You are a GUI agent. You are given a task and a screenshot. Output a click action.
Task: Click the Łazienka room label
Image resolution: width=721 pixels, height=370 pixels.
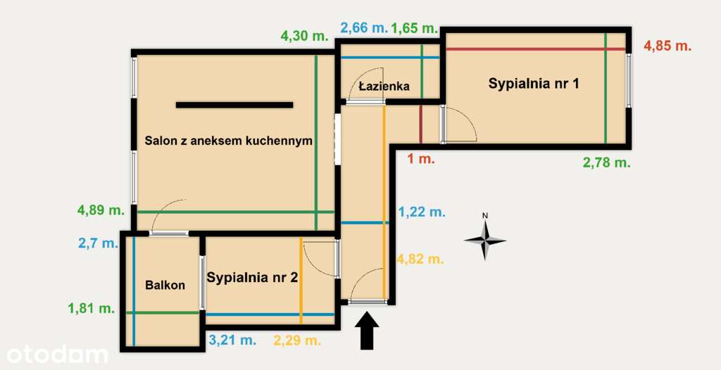coord(384,87)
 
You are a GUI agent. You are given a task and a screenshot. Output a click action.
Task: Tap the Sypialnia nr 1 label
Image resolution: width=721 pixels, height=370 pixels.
coord(534,84)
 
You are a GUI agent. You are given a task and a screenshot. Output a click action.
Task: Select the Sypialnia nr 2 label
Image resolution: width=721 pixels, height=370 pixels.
coord(252,277)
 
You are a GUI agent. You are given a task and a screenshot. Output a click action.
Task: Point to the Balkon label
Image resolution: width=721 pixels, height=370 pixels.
coord(165,285)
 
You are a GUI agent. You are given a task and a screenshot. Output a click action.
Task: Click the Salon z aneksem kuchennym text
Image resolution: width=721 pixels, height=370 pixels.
coord(228,141)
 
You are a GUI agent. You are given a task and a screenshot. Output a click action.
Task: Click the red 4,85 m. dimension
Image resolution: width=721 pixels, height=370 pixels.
coord(667,46)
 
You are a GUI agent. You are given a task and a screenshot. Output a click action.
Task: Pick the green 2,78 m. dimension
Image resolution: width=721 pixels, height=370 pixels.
coord(606,162)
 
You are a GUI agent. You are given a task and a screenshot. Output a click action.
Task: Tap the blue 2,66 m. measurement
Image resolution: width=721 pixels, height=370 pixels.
coord(363,28)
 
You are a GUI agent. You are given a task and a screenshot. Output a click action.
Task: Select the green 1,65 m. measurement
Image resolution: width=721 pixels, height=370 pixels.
coord(415,28)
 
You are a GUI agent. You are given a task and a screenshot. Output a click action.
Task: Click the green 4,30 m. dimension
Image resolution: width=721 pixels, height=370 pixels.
coord(304,36)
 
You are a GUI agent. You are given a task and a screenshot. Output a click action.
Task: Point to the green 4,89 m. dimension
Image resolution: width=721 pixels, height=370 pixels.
coord(101,210)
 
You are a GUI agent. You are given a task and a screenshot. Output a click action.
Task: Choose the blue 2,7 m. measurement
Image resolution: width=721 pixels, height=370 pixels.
coord(98,243)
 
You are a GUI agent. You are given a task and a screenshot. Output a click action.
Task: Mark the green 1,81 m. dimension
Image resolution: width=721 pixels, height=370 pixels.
coord(92,307)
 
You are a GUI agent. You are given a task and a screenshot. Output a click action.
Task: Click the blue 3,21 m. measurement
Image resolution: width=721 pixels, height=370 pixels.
coord(232,340)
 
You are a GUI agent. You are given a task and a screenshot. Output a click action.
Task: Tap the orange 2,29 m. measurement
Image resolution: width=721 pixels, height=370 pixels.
coord(297,340)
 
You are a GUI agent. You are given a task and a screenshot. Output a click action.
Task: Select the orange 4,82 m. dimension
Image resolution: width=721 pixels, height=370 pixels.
coord(420,259)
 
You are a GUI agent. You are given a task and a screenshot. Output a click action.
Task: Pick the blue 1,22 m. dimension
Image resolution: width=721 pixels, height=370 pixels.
coord(422,211)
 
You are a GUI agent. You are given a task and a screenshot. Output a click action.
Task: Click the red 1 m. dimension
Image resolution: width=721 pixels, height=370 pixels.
coord(422,159)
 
